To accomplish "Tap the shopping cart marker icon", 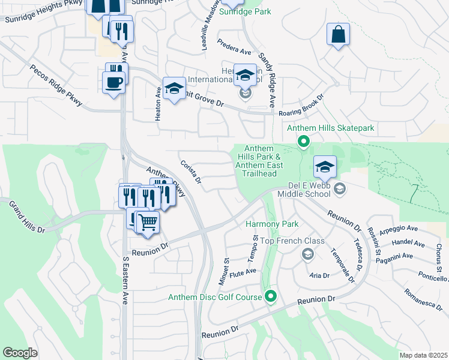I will tap(147, 223).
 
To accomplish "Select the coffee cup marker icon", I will tap(113, 82).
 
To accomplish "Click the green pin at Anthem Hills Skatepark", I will tap(304, 142).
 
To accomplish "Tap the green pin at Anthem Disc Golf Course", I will tap(271, 296).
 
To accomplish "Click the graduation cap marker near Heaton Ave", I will tap(173, 89).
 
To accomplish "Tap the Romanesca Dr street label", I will tap(423, 298).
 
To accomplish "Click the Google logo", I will tap(20, 352).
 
